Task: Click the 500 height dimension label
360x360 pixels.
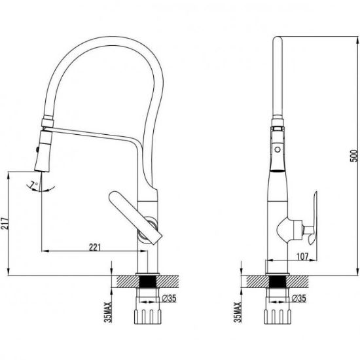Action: click(354, 156)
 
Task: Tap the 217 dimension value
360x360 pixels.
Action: click(5, 223)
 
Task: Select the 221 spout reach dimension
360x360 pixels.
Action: click(95, 247)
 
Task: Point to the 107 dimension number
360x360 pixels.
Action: click(302, 257)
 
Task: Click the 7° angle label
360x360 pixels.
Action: click(35, 184)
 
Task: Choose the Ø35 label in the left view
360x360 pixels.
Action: click(169, 298)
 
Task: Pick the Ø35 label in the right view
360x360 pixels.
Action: click(298, 298)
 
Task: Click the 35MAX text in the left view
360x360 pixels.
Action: click(108, 312)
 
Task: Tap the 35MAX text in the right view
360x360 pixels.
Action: click(238, 312)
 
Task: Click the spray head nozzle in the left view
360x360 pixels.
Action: click(44, 151)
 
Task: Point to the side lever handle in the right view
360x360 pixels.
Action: click(312, 218)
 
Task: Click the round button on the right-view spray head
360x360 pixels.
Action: click(278, 150)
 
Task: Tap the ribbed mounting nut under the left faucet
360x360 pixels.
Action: click(148, 317)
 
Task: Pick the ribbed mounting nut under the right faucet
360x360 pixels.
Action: click(278, 317)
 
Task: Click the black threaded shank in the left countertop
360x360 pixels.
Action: click(148, 281)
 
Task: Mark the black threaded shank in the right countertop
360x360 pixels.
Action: click(278, 281)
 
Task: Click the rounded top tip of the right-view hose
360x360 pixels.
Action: click(278, 39)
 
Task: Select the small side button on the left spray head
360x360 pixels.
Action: click(37, 150)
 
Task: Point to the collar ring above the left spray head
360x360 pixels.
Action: click(48, 122)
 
